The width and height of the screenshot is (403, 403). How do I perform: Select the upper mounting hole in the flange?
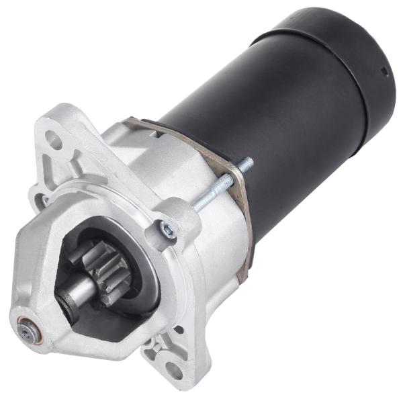coord(56,142)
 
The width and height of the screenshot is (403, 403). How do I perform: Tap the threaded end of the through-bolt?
coord(245,163)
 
